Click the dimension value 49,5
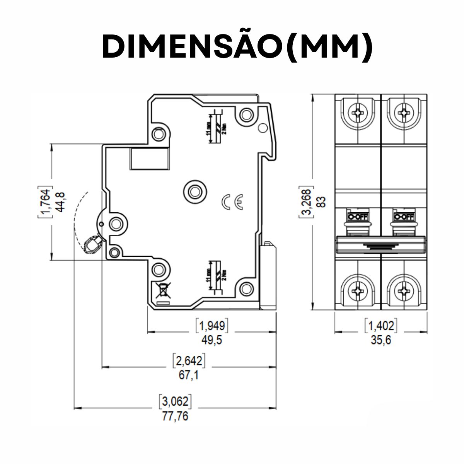(x=212, y=340)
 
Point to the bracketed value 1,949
(x=212, y=326)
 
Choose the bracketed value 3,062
(x=175, y=402)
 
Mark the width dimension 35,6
(x=381, y=340)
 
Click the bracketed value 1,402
(x=381, y=326)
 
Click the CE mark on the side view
(x=232, y=201)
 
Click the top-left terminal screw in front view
(x=358, y=113)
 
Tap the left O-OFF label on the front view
(x=358, y=216)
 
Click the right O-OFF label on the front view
(x=403, y=216)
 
